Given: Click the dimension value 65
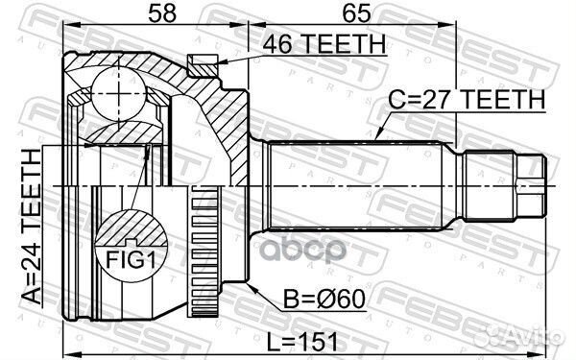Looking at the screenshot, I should (x=350, y=13).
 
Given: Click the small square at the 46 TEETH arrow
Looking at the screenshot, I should (x=201, y=64).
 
